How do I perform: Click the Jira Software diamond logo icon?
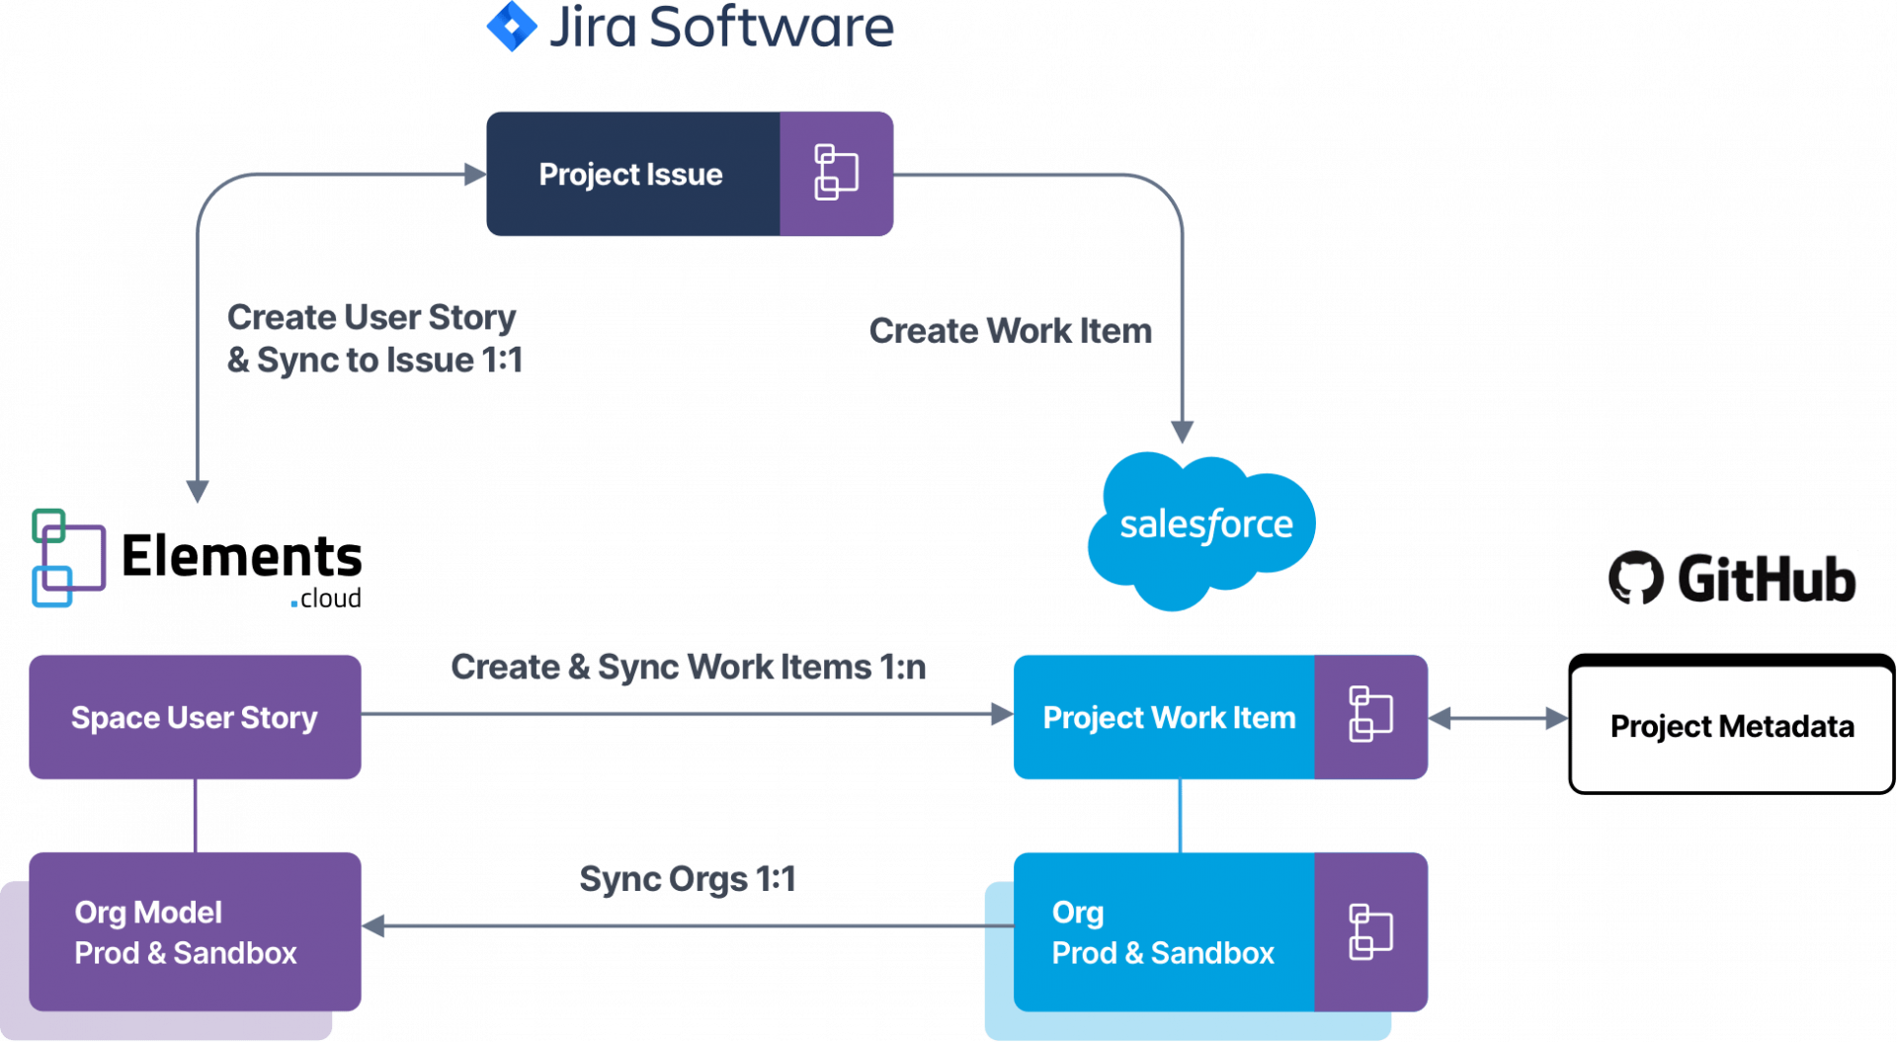(512, 27)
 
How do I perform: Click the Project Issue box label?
(630, 175)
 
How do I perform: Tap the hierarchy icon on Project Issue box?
(836, 173)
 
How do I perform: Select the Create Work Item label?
(1010, 331)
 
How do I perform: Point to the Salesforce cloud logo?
(1203, 527)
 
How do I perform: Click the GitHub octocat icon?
(1635, 577)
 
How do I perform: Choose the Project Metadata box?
(1731, 727)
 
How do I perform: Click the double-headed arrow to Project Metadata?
(1498, 718)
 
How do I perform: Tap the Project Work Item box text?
(1168, 718)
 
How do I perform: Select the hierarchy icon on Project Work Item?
(1370, 714)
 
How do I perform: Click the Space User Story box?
(195, 717)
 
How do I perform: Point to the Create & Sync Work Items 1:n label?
(688, 668)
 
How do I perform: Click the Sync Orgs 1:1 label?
(687, 879)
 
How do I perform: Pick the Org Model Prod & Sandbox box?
(186, 932)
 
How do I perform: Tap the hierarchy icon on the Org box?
(1370, 931)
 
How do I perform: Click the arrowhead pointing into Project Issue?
(475, 175)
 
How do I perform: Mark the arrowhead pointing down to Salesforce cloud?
(1182, 433)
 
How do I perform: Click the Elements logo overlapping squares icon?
(67, 558)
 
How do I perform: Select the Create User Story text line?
(371, 317)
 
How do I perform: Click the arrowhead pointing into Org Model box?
(374, 926)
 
